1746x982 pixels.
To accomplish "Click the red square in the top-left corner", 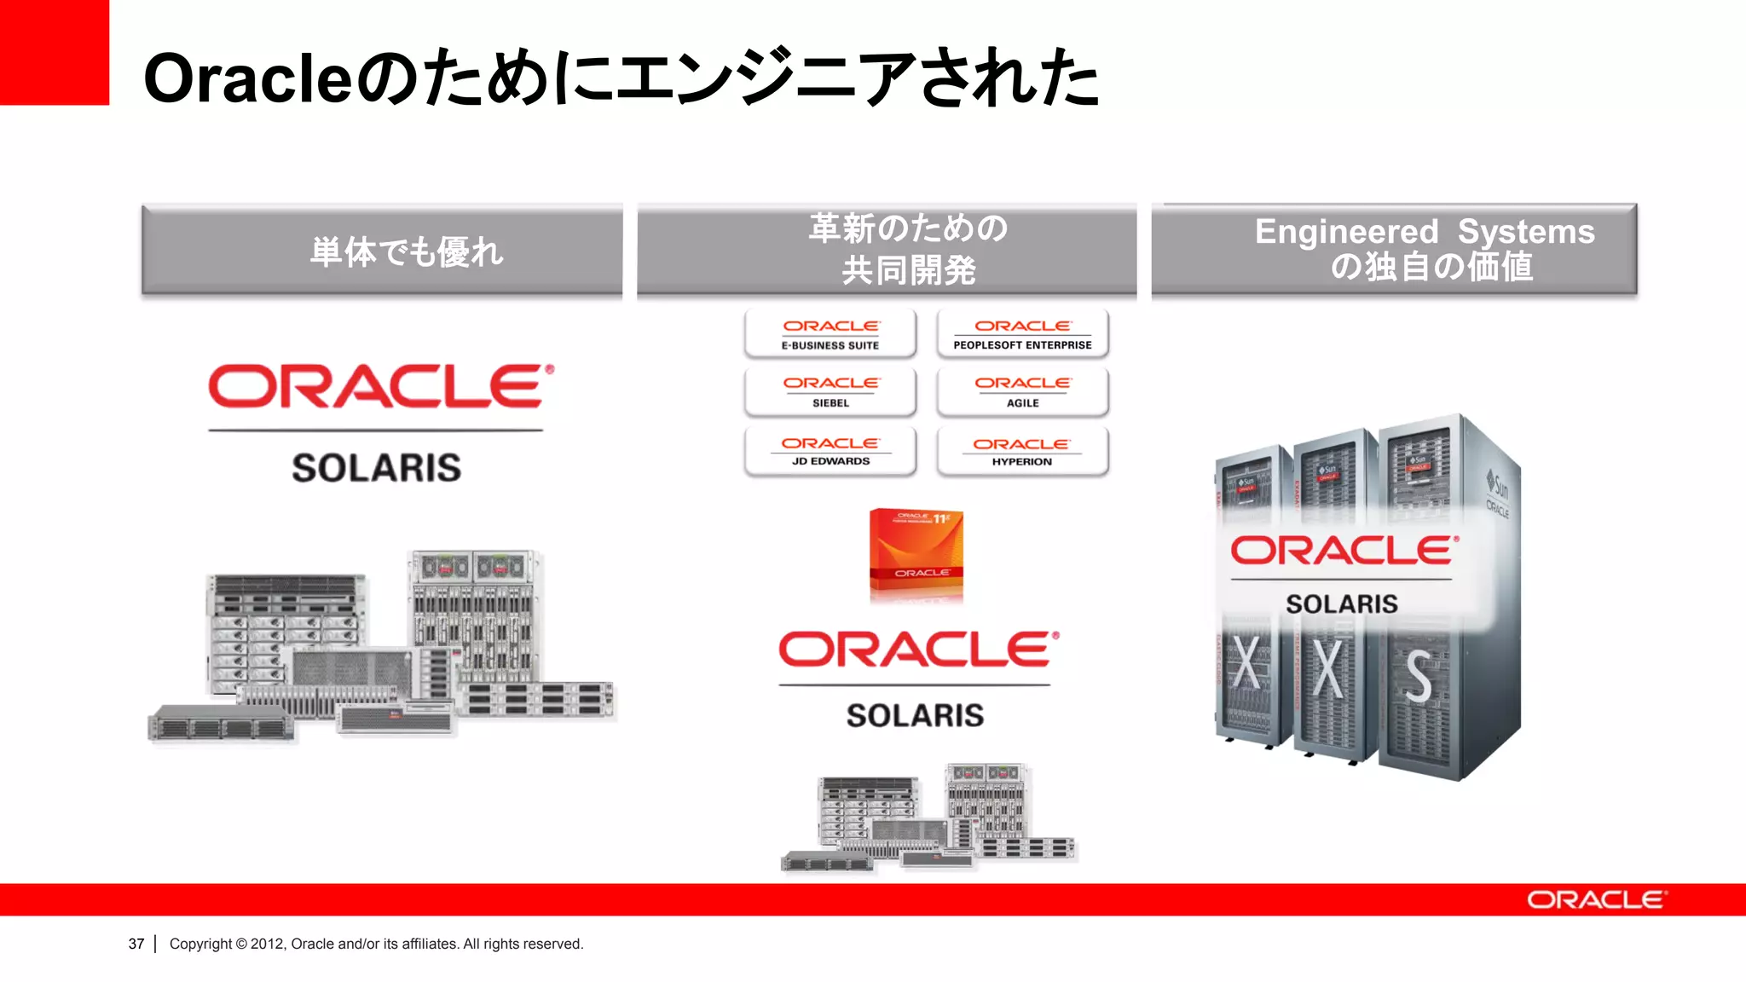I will tap(54, 52).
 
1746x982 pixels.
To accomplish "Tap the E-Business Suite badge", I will tap(830, 333).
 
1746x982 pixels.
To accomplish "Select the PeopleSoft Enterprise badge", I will tap(1022, 333).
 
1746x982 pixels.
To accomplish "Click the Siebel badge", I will tap(830, 391).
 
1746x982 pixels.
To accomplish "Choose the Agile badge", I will tap(1022, 391).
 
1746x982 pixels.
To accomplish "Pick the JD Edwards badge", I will tap(830, 451).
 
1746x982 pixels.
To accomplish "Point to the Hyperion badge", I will tap(1022, 451).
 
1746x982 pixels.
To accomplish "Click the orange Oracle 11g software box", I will tap(916, 554).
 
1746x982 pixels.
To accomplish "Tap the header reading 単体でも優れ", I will tap(382, 251).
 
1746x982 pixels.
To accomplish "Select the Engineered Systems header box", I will tap(1394, 249).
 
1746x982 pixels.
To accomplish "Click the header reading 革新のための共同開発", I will tap(887, 249).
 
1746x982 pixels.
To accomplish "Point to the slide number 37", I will tap(136, 944).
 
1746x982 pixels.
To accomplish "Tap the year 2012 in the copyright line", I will tap(268, 944).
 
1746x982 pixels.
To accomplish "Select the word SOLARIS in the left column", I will tap(376, 468).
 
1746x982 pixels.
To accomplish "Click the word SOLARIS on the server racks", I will tap(1342, 604).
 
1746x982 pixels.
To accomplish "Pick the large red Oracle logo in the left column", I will tap(380, 387).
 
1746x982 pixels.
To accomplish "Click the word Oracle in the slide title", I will tap(247, 79).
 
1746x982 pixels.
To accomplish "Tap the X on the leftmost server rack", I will tap(1246, 664).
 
